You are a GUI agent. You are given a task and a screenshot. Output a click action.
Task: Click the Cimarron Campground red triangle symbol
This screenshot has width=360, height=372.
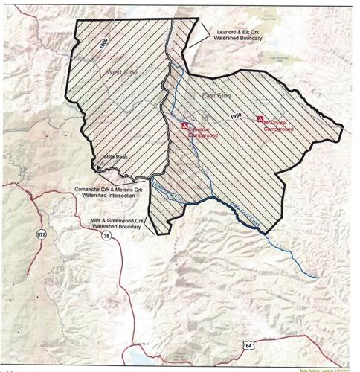coord(186,127)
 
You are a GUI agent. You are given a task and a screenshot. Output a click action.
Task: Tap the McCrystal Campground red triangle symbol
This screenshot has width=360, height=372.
coord(260,118)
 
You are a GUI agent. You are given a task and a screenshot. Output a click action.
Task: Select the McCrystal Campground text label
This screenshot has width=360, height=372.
coord(276,126)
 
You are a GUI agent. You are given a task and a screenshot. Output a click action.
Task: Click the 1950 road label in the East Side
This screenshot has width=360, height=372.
coord(237,117)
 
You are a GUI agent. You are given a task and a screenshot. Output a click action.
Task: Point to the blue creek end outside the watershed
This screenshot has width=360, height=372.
coord(319,278)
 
